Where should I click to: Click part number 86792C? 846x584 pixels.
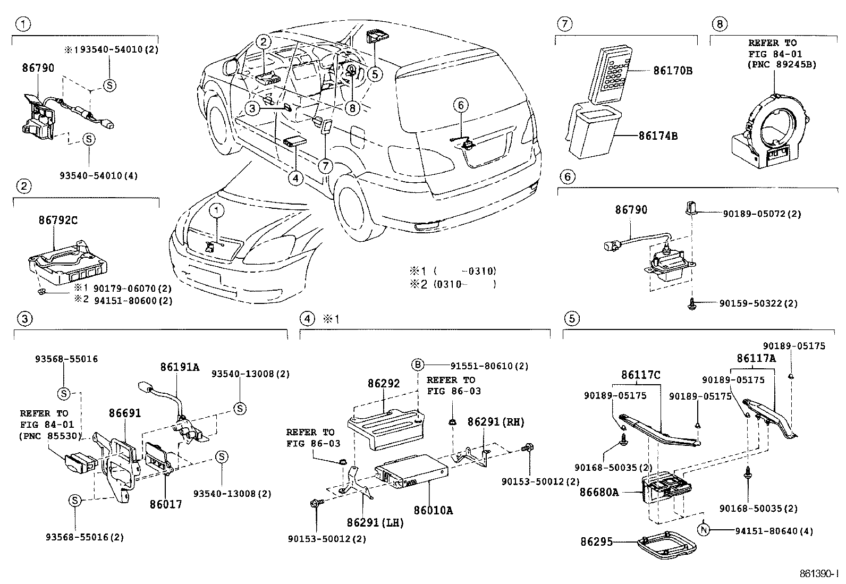click(58, 220)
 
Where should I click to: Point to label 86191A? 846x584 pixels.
click(180, 367)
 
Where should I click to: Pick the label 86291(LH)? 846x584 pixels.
click(376, 522)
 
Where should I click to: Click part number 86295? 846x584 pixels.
click(597, 542)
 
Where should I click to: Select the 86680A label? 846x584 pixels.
click(599, 492)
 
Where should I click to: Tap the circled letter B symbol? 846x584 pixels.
click(418, 365)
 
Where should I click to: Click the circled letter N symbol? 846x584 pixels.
click(704, 530)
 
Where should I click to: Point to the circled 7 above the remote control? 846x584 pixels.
click(565, 23)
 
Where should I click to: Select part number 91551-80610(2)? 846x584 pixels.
click(489, 366)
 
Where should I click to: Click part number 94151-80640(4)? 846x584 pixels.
click(774, 531)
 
